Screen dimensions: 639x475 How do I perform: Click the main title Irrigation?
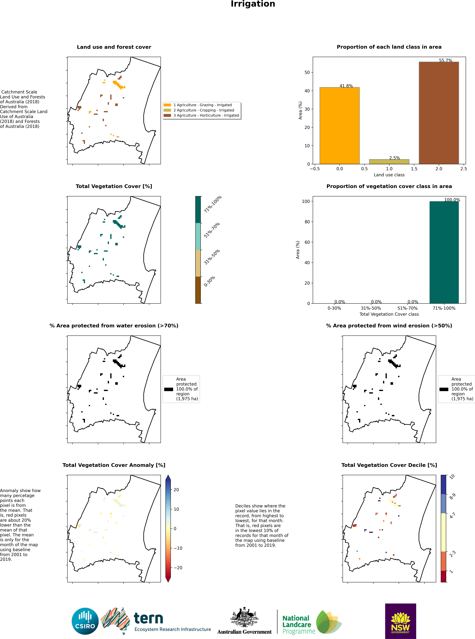tap(253, 4)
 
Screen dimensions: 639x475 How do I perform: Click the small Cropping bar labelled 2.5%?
tap(389, 162)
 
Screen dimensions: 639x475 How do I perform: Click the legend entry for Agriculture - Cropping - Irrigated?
tap(204, 110)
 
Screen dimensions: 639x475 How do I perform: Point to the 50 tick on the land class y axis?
tap(307, 72)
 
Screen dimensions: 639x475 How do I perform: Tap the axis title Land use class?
tap(389, 175)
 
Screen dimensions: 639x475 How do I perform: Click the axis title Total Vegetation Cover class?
tap(389, 314)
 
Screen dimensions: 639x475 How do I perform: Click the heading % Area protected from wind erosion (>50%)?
tap(389, 326)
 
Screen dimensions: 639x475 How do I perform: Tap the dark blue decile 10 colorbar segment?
tap(444, 484)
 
